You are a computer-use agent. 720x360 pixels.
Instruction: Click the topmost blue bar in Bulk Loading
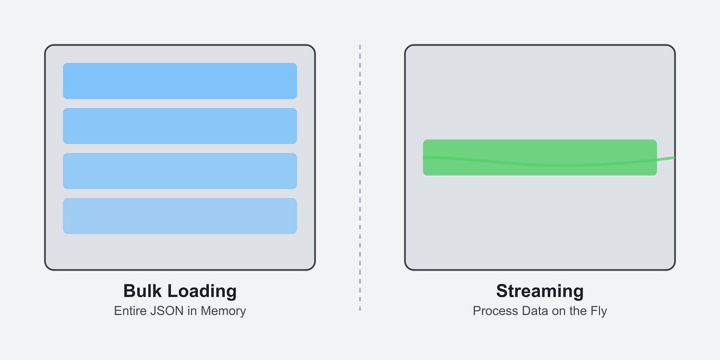(x=180, y=81)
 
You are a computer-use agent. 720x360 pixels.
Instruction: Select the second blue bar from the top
(x=180, y=126)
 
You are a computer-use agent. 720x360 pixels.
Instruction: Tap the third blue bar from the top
(x=180, y=171)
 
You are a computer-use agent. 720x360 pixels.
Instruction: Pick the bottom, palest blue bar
(x=180, y=216)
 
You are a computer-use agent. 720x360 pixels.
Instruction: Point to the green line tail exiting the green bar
(x=666, y=158)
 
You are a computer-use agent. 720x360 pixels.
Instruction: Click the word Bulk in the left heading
(x=142, y=291)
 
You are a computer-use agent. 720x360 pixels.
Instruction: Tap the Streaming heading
(x=540, y=292)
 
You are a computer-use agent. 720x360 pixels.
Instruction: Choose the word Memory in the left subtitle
(x=223, y=311)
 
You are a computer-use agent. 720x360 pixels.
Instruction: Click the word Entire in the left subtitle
(x=131, y=311)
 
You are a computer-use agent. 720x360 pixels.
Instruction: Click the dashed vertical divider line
(x=360, y=178)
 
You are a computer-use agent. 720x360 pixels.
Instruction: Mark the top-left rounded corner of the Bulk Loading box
(x=48, y=48)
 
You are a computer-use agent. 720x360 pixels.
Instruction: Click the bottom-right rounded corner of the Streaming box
(x=672, y=267)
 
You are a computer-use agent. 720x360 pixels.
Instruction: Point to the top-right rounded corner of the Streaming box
(x=672, y=48)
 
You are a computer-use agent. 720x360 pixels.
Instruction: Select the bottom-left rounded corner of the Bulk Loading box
(x=48, y=267)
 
